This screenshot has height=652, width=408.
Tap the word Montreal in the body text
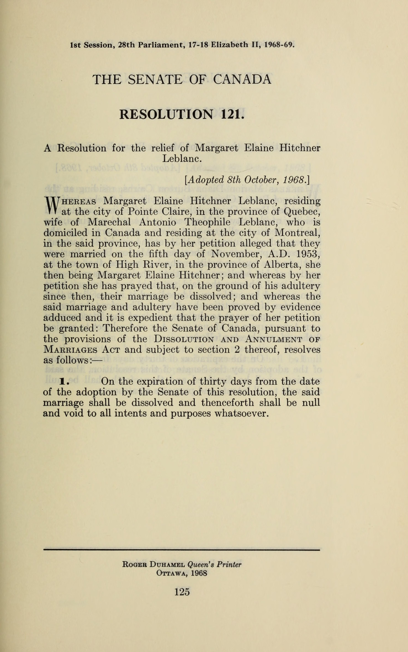(x=297, y=233)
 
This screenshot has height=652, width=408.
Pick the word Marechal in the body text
(x=109, y=222)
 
